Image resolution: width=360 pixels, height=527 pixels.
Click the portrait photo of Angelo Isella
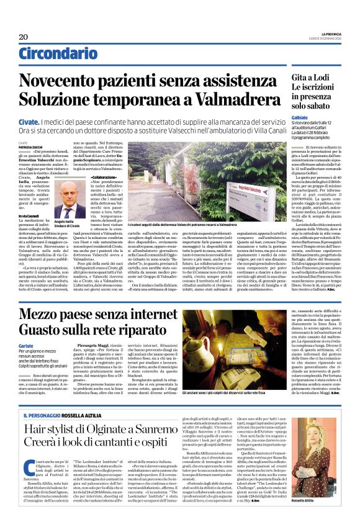click(x=64, y=199)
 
